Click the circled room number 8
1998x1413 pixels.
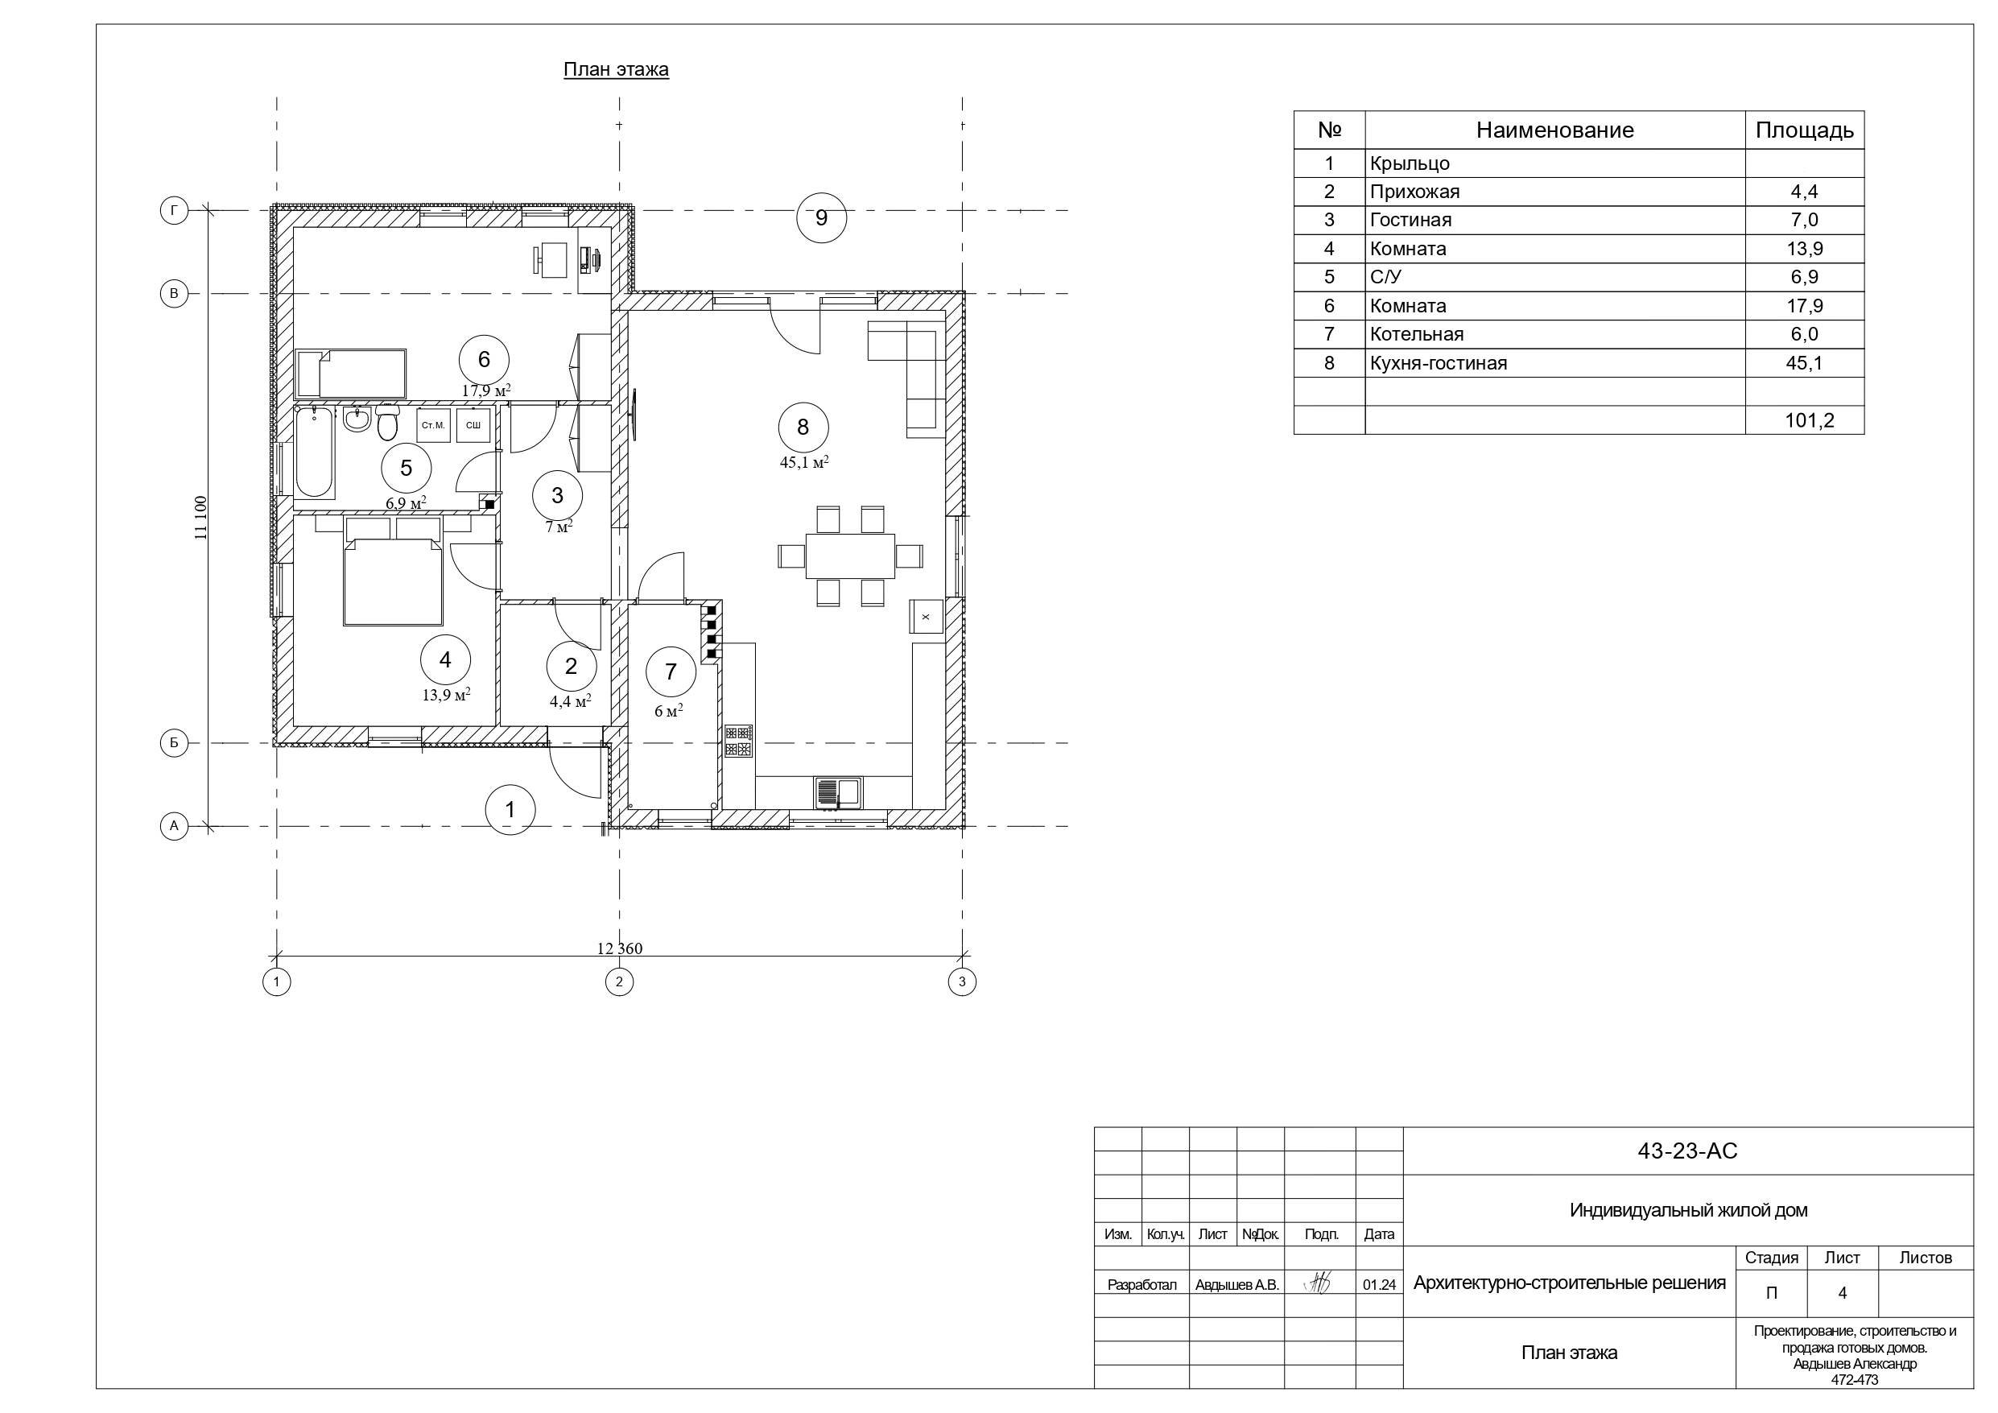803,428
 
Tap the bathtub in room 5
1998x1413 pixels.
314,452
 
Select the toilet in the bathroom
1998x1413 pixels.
387,422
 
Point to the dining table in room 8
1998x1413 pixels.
850,556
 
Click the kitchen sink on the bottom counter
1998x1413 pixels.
838,792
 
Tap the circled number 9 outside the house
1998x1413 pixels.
821,217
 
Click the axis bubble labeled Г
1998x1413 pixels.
174,211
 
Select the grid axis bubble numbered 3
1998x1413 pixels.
962,982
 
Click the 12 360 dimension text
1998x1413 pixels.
620,949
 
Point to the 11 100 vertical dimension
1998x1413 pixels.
201,518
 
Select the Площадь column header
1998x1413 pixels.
1804,130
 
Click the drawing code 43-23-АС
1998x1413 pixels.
1687,1151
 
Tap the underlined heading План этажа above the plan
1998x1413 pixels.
616,70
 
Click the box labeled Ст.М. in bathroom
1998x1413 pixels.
433,426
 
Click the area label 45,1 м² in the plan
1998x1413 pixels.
804,462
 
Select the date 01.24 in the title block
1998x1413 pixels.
1379,1284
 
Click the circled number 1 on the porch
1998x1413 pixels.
510,810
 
